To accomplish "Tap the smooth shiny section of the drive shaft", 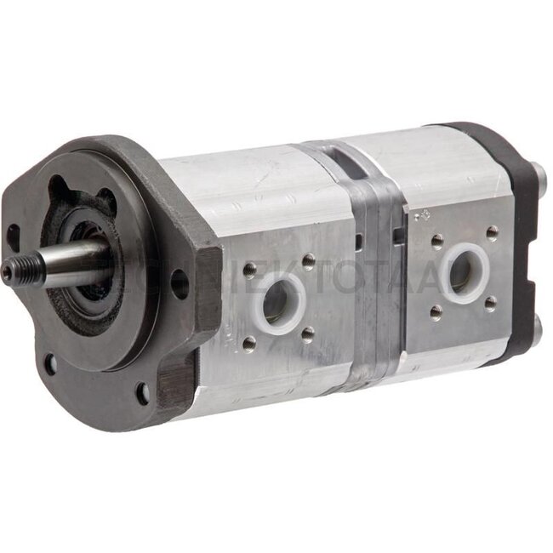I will pyautogui.click(x=72, y=259).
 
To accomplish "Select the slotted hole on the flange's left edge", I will pyautogui.click(x=13, y=236).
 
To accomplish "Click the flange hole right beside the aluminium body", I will pyautogui.click(x=179, y=282).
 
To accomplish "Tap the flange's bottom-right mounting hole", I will pyautogui.click(x=141, y=393).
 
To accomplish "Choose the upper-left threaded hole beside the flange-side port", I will pyautogui.click(x=248, y=269).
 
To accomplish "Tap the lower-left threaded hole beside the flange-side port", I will pyautogui.click(x=249, y=343).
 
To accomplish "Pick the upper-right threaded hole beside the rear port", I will pyautogui.click(x=492, y=231).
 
